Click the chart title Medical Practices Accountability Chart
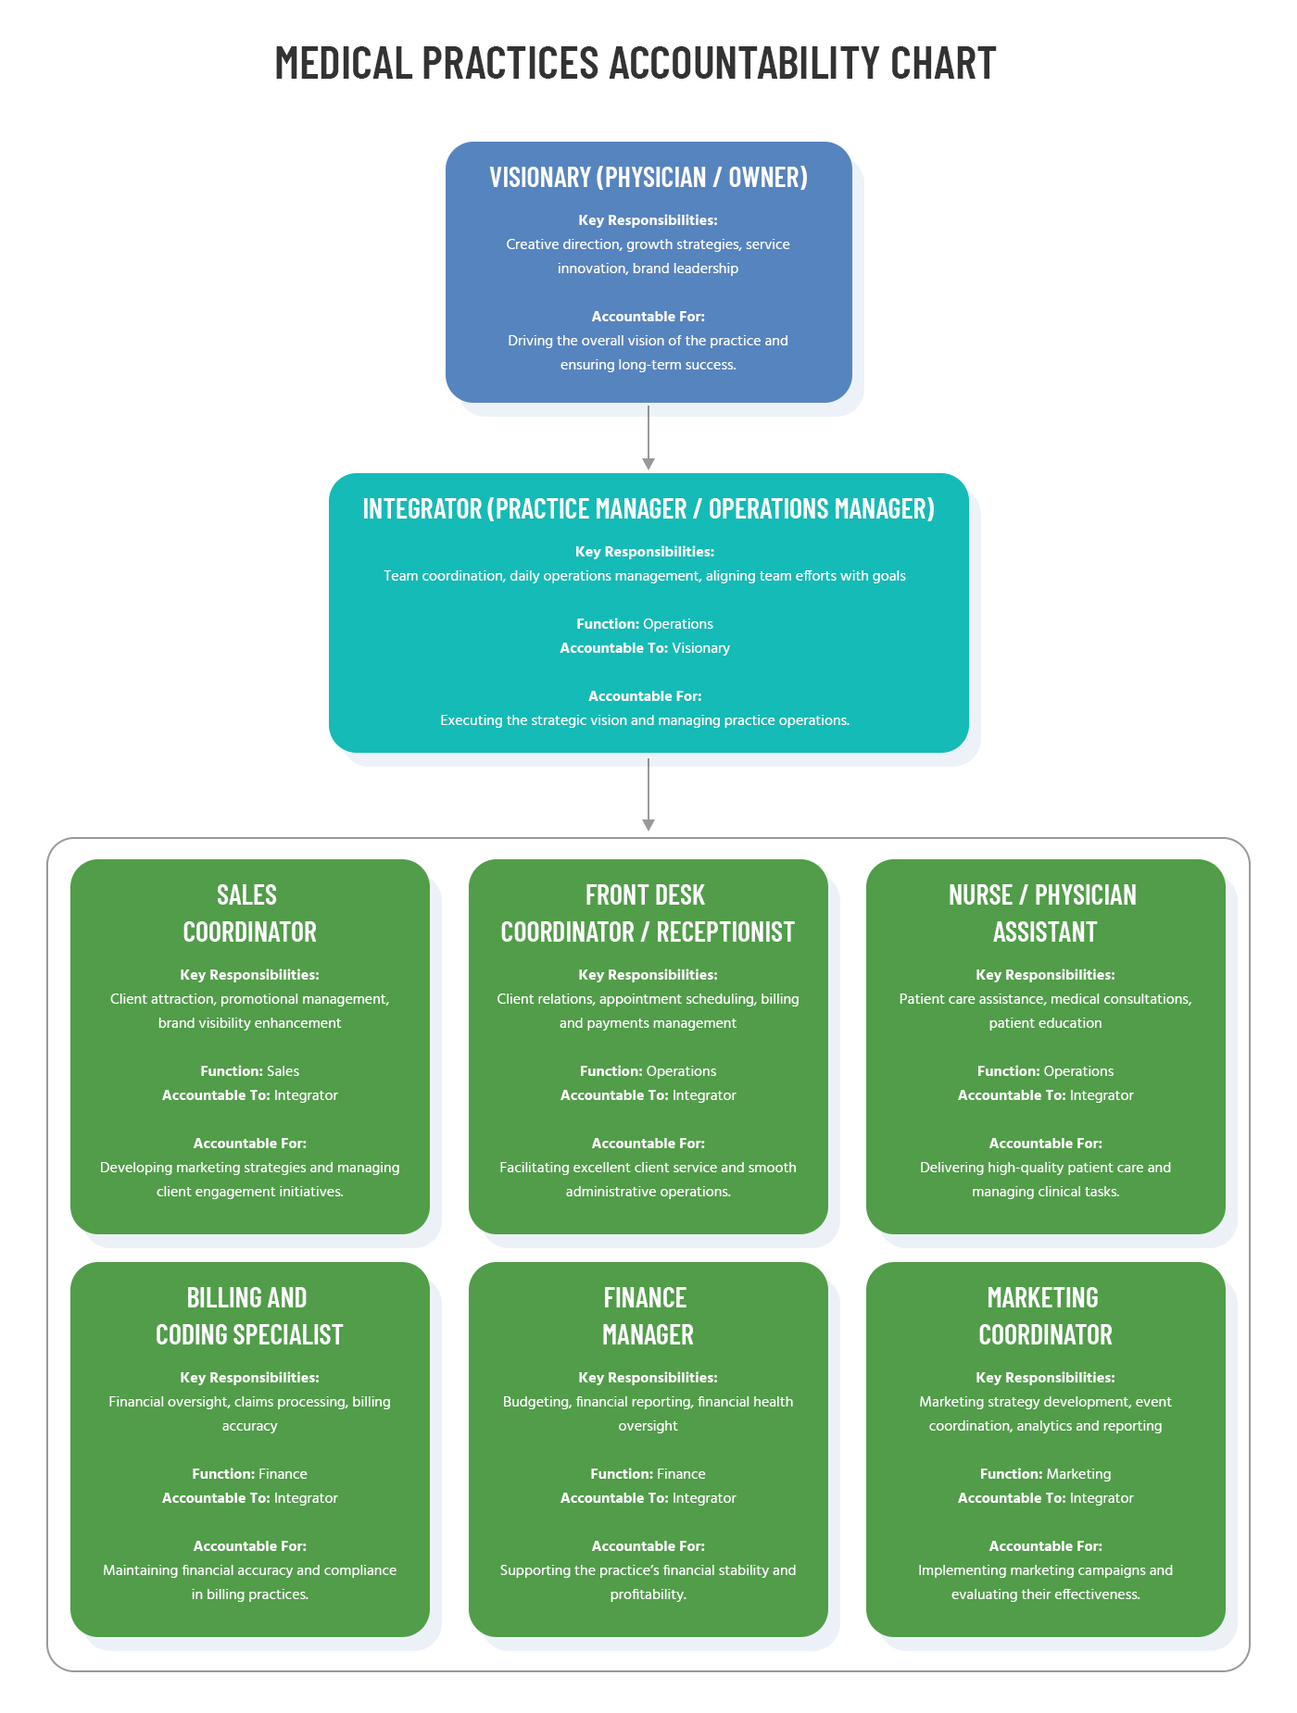(x=636, y=63)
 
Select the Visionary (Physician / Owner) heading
(x=648, y=177)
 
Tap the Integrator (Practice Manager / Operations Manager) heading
(x=648, y=508)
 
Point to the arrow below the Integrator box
(x=648, y=794)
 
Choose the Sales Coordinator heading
(x=249, y=913)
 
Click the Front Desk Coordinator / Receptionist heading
(x=648, y=913)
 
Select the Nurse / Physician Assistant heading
(x=1044, y=913)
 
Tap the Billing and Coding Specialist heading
(x=249, y=1316)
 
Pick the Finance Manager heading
(x=648, y=1316)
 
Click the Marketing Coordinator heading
(x=1044, y=1316)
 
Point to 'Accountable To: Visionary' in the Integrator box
(x=645, y=648)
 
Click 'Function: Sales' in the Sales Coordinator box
(x=249, y=1071)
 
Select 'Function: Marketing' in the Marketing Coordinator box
(x=1045, y=1474)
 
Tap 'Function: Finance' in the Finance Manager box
(x=648, y=1474)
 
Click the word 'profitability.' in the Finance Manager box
(x=648, y=1594)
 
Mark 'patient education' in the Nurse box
(x=1045, y=1023)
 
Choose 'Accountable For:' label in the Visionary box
(x=648, y=317)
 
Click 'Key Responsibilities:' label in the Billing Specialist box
(x=249, y=1378)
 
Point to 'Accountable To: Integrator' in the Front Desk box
(x=648, y=1095)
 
